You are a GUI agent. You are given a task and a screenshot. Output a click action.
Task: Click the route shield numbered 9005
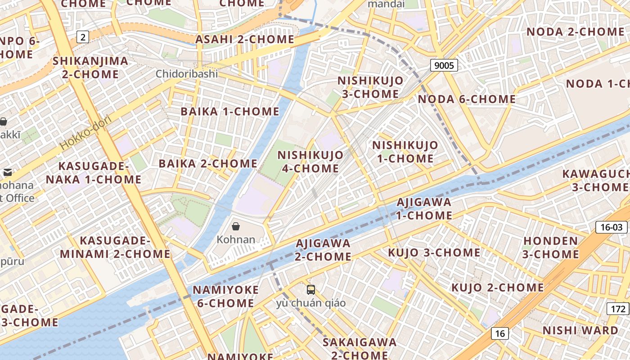[x=444, y=66]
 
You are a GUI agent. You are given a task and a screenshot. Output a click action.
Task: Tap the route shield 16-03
[x=612, y=227]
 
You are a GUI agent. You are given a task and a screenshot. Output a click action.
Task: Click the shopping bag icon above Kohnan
[x=235, y=226]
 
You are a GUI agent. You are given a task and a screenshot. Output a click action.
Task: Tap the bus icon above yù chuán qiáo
[x=311, y=289]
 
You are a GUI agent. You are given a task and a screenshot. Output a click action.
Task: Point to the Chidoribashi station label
[x=187, y=74]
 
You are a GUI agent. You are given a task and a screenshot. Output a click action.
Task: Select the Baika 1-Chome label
[x=230, y=111]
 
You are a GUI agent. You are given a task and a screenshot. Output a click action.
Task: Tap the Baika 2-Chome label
[x=208, y=163]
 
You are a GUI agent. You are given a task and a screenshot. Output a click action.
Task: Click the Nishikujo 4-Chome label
[x=310, y=162]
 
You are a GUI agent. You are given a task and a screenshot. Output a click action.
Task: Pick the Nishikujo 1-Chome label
[x=405, y=152]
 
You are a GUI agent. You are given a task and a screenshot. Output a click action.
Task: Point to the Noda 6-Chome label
[x=467, y=99]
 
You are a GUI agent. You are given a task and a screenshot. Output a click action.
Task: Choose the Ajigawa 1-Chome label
[x=424, y=209]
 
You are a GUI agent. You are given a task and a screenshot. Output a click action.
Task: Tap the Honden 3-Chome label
[x=551, y=247]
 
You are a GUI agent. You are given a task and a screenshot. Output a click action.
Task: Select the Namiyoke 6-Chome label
[x=226, y=296]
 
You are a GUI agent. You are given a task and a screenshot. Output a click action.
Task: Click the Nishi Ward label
[x=580, y=330]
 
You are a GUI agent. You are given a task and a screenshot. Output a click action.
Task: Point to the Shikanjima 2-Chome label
[x=90, y=67]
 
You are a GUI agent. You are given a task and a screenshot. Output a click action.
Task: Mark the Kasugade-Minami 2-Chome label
[x=115, y=247]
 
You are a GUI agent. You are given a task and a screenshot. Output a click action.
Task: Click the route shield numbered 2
[x=82, y=37]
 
